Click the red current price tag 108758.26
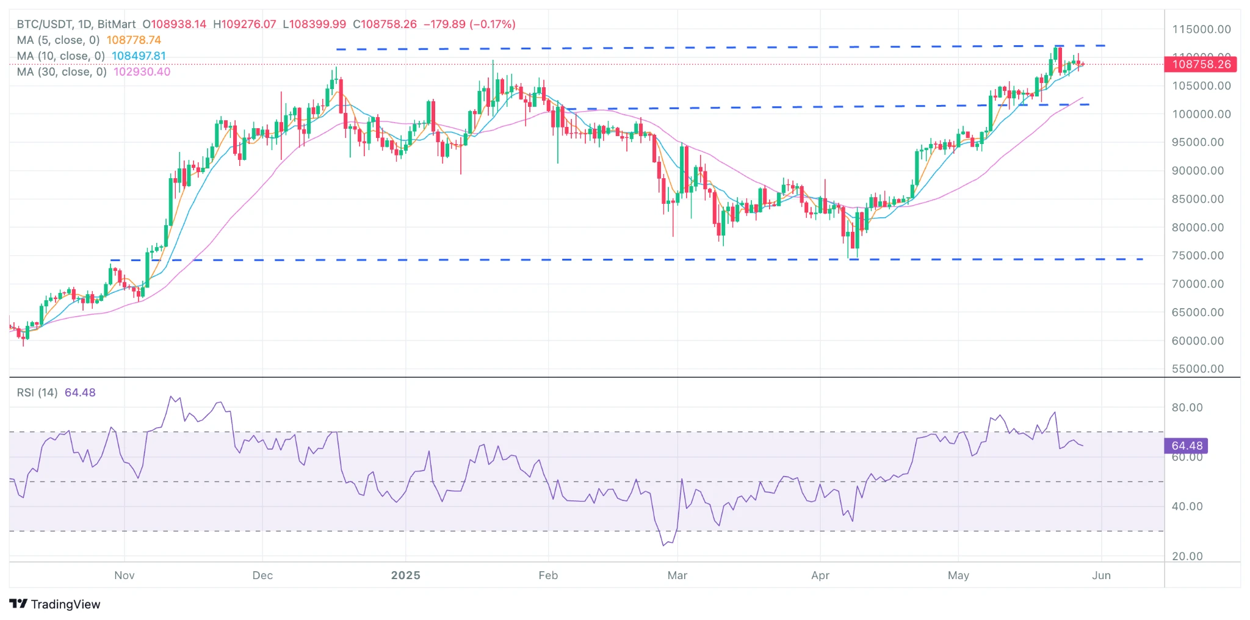(1201, 64)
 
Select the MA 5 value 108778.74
(134, 40)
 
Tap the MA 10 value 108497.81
(139, 56)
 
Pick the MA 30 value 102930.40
(142, 72)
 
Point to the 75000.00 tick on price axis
(1198, 256)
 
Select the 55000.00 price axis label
(1198, 369)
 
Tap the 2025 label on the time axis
(405, 575)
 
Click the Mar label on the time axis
(677, 575)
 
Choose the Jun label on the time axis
(1101, 575)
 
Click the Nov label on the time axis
(125, 575)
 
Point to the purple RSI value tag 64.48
(1187, 446)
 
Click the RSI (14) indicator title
(37, 392)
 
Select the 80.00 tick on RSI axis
(1187, 408)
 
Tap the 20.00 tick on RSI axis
(1187, 557)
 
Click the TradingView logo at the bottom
(55, 604)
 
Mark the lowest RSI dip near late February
(663, 545)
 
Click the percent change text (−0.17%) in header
(493, 24)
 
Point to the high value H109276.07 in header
(244, 24)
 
